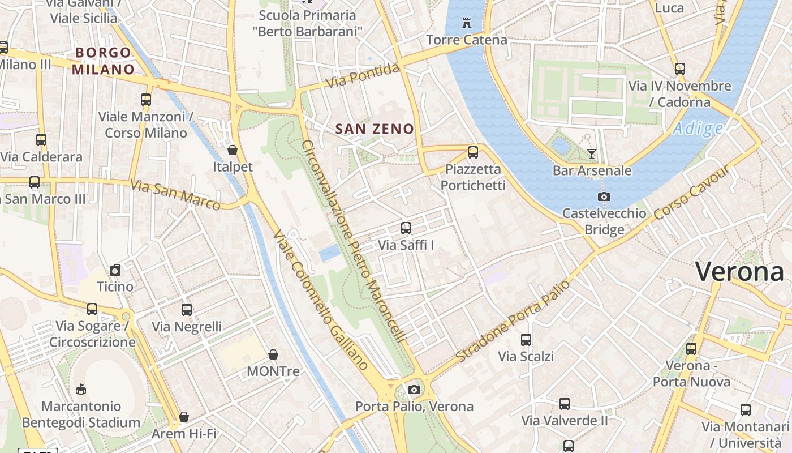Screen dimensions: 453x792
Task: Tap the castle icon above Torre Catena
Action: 467,23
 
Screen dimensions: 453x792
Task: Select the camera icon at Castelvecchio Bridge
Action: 604,197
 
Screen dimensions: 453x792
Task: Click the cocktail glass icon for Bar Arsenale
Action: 592,153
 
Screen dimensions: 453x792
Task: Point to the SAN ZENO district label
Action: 375,129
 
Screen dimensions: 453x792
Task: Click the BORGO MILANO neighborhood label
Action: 104,61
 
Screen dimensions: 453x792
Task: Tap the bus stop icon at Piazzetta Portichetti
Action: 473,152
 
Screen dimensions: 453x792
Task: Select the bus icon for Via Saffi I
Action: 406,228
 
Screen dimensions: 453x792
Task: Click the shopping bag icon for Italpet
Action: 232,150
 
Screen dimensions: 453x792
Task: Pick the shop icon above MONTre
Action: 273,354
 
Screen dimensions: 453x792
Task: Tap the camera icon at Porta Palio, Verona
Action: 414,390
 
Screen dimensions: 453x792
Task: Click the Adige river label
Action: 698,129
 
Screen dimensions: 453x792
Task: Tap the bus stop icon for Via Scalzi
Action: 526,340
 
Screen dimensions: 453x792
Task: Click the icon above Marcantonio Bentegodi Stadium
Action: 81,389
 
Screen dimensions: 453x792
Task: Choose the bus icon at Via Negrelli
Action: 187,310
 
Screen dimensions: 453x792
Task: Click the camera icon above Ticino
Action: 115,270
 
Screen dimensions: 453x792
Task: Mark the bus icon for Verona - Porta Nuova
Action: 691,349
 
